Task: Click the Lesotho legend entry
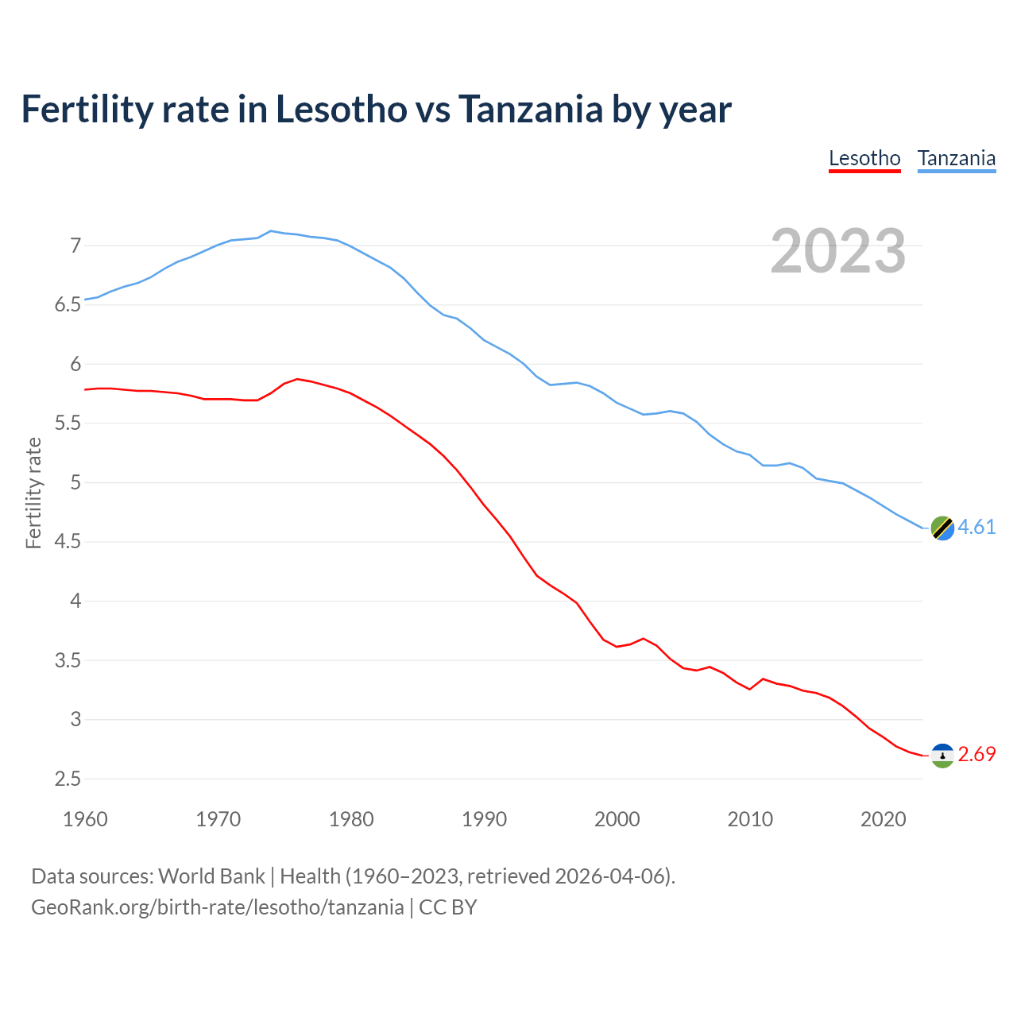coord(864,158)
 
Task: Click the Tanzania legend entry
coord(957,158)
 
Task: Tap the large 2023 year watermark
coord(838,251)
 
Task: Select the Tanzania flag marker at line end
coord(942,528)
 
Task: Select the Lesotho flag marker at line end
coord(942,755)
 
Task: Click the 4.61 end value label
coord(976,528)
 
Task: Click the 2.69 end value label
coord(976,755)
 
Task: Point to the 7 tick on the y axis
coord(75,246)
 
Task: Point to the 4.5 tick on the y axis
coord(68,542)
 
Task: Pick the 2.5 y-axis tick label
coord(68,779)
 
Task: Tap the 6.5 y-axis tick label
coord(68,305)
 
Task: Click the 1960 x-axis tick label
coord(85,819)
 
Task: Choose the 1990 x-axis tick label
coord(484,819)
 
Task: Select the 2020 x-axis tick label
coord(883,819)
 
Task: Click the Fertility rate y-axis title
coord(33,493)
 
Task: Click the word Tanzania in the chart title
coord(530,109)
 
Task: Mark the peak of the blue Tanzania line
coord(271,231)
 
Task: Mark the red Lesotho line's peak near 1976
coord(297,379)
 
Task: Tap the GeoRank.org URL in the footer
coord(217,907)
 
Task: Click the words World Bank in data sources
coord(211,876)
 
